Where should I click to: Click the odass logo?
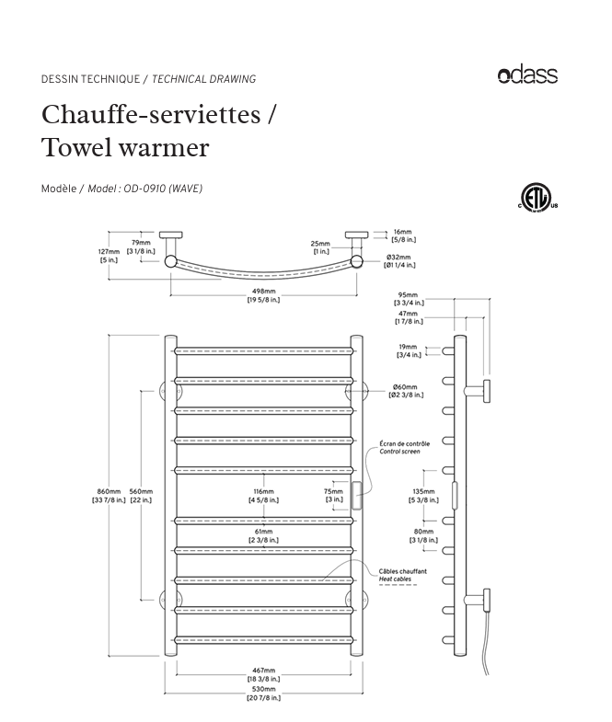tap(527, 75)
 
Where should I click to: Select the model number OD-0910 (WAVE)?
tap(163, 189)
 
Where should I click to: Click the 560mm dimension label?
tap(140, 496)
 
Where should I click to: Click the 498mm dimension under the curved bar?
tap(263, 294)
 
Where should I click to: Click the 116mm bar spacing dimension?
tap(263, 496)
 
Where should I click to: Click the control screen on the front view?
tap(355, 496)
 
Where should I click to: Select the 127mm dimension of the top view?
tap(109, 256)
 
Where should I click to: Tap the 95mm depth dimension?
tap(409, 298)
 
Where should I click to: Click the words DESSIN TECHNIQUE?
tap(90, 79)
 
